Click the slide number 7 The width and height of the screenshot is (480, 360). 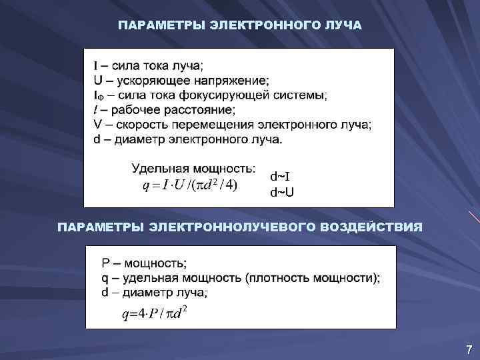(469, 349)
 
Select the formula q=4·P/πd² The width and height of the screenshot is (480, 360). (154, 313)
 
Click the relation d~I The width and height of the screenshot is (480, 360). (280, 177)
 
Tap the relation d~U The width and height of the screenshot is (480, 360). (281, 193)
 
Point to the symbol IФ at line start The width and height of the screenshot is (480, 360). (98, 95)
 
